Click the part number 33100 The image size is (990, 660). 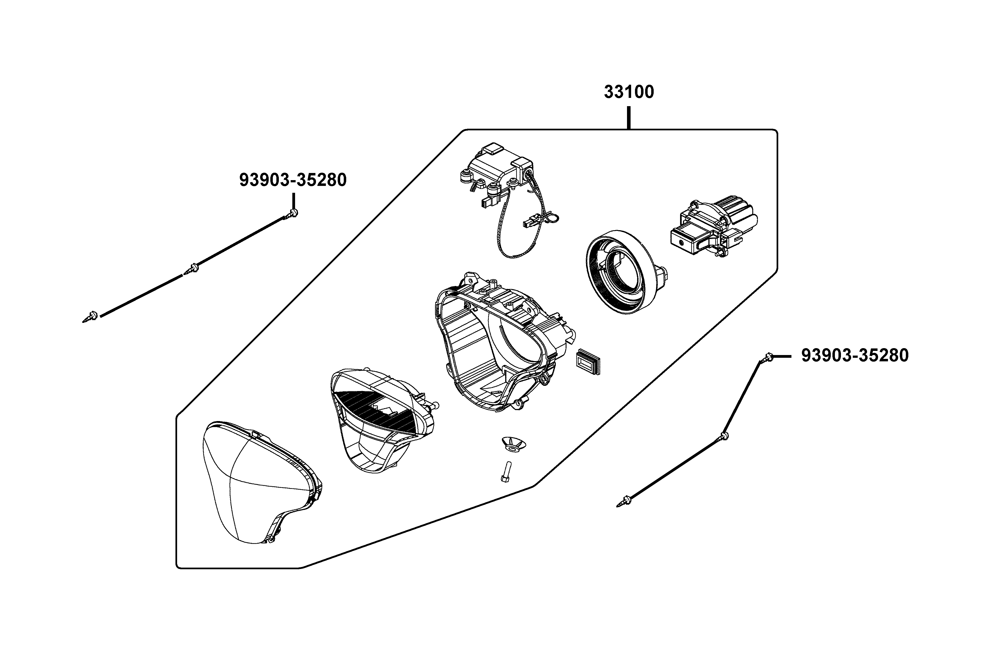coord(629,92)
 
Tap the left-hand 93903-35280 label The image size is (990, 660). coord(293,180)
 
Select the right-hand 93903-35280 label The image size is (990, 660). coord(854,356)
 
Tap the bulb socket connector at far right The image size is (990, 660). coord(711,229)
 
